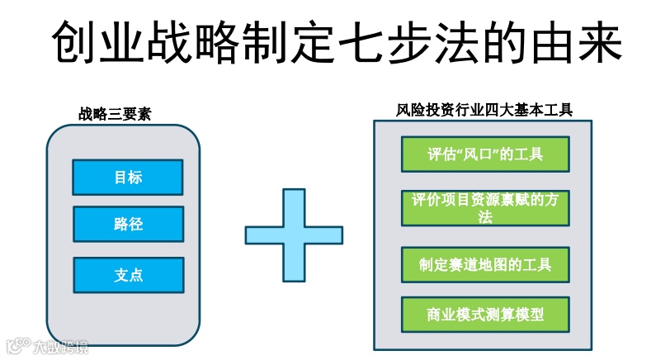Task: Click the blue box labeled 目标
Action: coord(128,178)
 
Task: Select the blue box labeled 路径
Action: coord(128,225)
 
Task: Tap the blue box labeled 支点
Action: coord(128,275)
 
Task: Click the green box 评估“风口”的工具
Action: coord(485,154)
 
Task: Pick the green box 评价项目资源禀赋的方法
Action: coord(485,208)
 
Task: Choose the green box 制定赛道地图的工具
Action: coord(485,265)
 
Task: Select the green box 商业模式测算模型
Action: coord(485,315)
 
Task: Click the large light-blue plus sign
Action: coord(294,234)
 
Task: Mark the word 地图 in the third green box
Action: coord(493,265)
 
